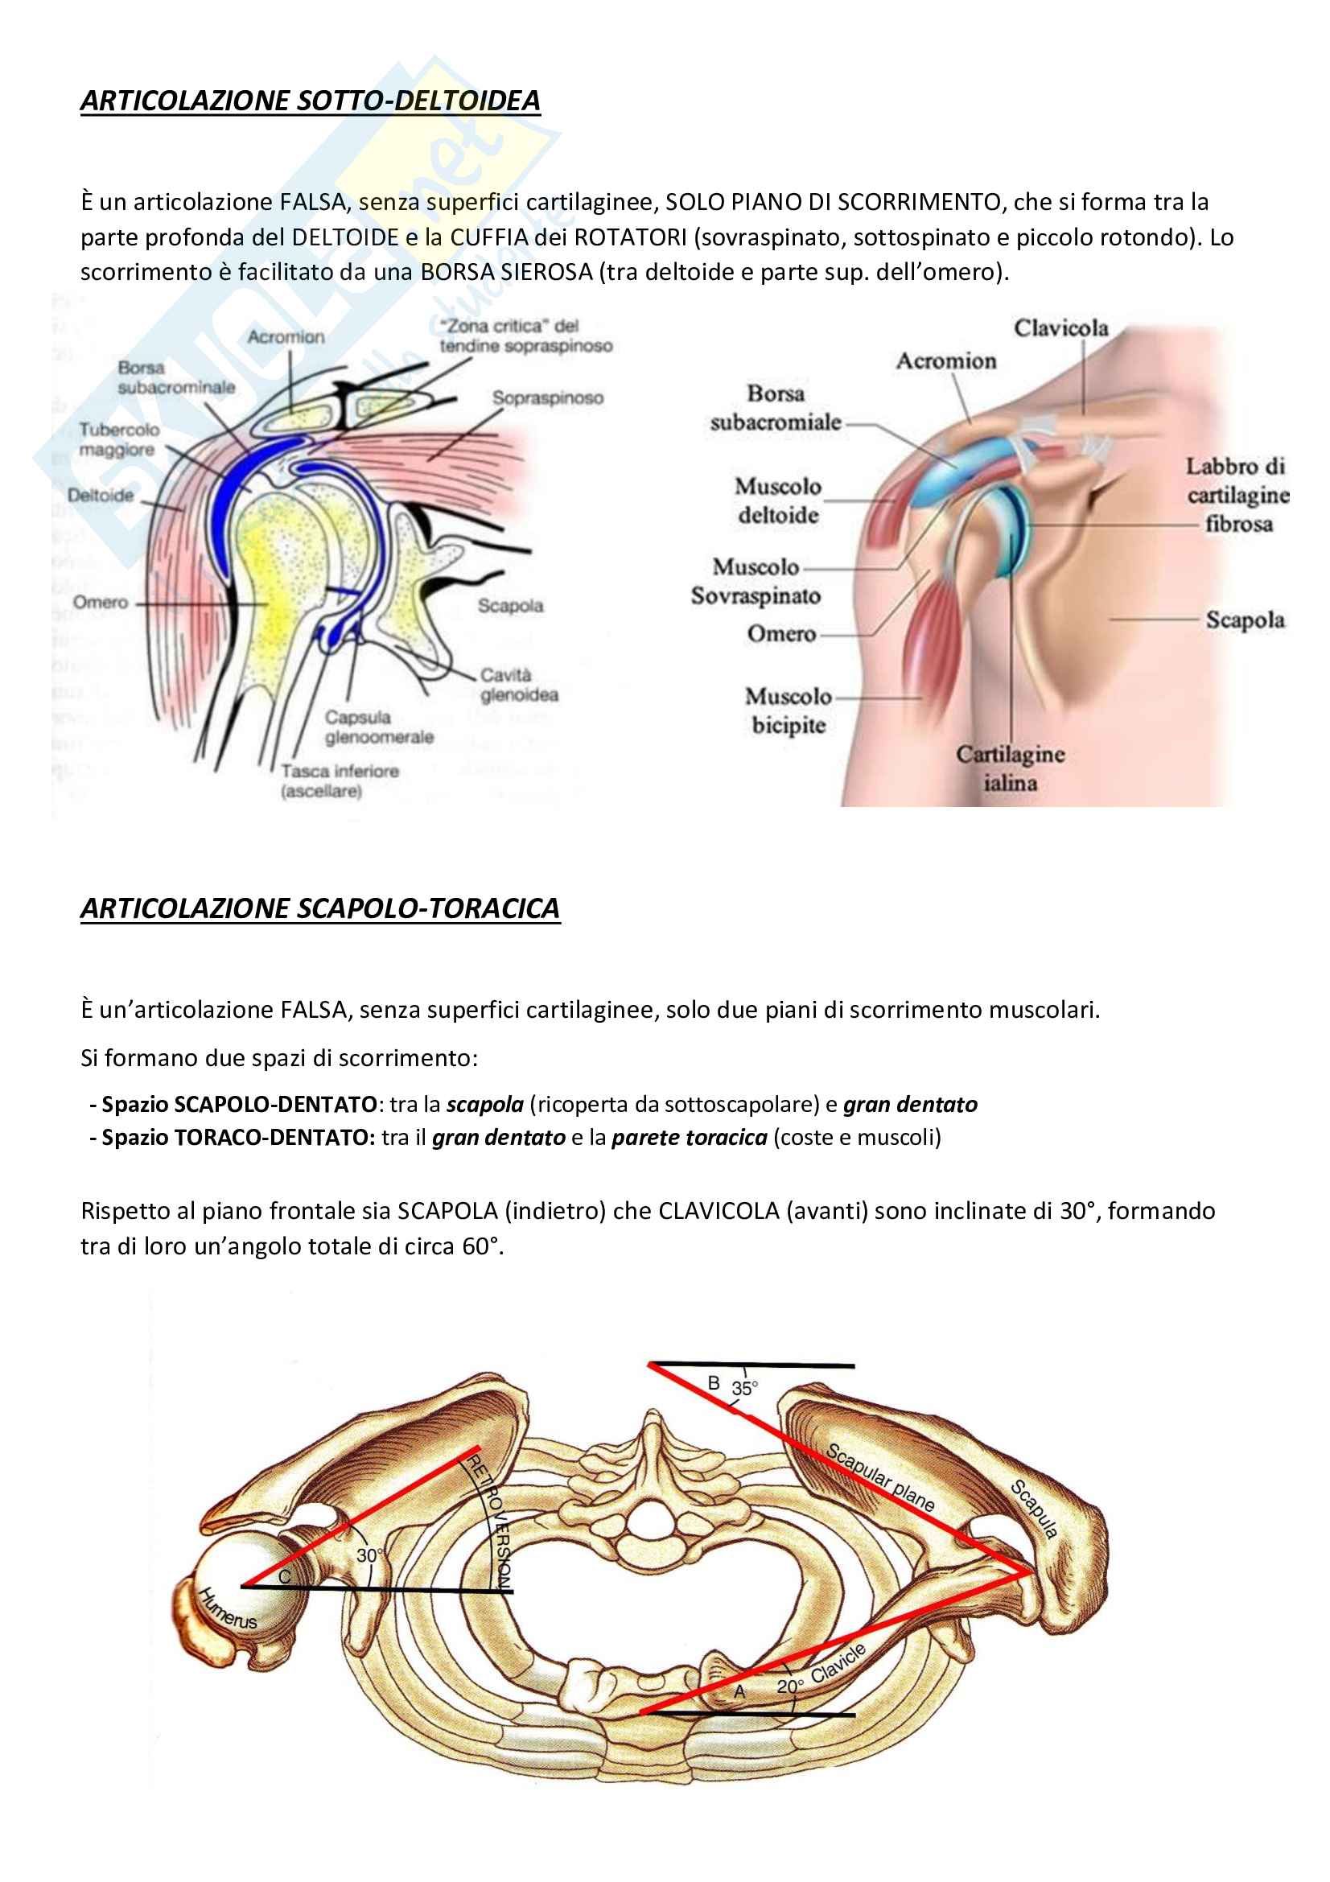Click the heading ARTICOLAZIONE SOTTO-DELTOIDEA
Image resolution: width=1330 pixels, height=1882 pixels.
(310, 101)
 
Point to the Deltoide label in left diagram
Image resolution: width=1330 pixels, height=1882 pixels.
(100, 495)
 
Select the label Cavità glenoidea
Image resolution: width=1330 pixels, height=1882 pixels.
(519, 686)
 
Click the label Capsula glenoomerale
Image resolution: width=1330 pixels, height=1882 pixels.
(379, 727)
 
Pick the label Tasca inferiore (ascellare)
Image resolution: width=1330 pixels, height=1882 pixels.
(340, 781)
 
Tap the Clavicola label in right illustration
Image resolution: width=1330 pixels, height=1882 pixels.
(1060, 329)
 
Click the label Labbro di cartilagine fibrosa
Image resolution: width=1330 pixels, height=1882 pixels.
(1237, 495)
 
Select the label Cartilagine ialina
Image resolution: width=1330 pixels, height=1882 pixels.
(1011, 768)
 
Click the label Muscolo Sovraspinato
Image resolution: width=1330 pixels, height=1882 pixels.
(756, 581)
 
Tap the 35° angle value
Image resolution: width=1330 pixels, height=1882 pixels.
(745, 1389)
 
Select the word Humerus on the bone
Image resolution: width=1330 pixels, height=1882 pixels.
(228, 1608)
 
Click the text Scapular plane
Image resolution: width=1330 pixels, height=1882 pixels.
(880, 1477)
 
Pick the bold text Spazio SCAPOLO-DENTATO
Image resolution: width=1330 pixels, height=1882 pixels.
(238, 1105)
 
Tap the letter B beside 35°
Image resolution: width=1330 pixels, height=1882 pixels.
(714, 1384)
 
